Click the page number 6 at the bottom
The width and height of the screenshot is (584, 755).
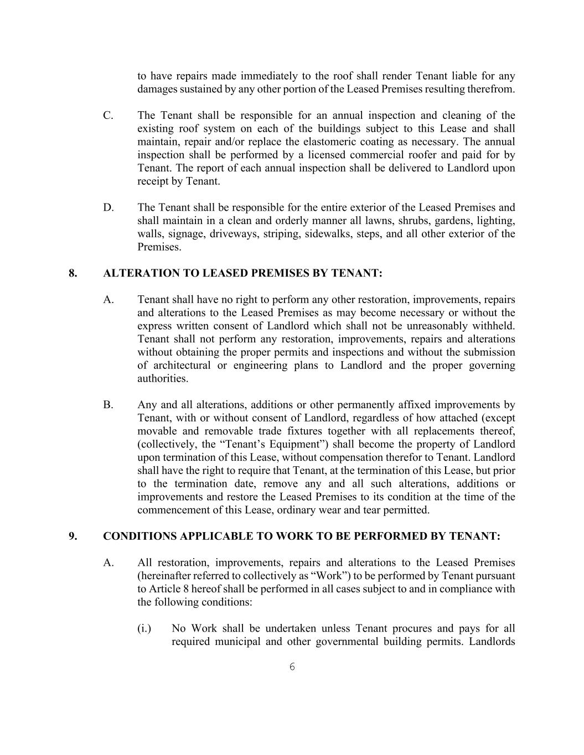click(x=292, y=667)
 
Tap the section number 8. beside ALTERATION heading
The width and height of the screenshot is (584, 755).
click(x=73, y=273)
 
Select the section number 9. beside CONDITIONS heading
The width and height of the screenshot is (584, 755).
click(x=73, y=537)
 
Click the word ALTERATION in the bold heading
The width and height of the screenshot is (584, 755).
click(x=137, y=273)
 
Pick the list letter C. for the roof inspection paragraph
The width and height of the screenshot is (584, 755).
click(x=108, y=116)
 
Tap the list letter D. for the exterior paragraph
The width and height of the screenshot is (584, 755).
click(x=108, y=207)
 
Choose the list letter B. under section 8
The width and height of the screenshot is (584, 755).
click(x=108, y=405)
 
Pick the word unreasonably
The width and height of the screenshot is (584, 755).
click(x=436, y=326)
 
